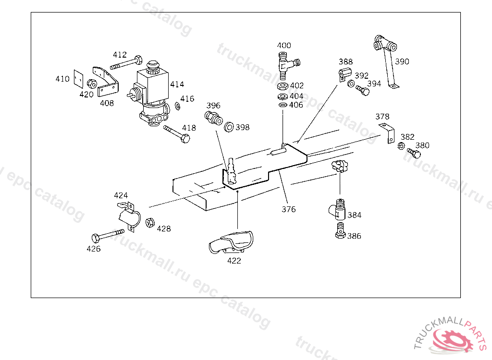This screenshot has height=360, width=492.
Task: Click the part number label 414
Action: click(177, 84)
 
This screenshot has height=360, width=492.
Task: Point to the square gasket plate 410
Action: click(78, 79)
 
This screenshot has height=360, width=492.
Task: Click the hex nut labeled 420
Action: click(93, 83)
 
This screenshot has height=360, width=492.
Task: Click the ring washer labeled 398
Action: click(229, 127)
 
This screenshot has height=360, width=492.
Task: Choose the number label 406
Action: click(296, 105)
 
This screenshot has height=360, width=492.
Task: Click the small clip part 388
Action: click(343, 74)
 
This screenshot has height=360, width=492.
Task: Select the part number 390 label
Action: click(402, 61)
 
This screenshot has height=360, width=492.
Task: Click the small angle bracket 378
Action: click(387, 132)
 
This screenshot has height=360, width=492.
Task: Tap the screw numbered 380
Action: click(414, 154)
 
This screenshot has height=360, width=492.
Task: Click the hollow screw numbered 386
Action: click(340, 230)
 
